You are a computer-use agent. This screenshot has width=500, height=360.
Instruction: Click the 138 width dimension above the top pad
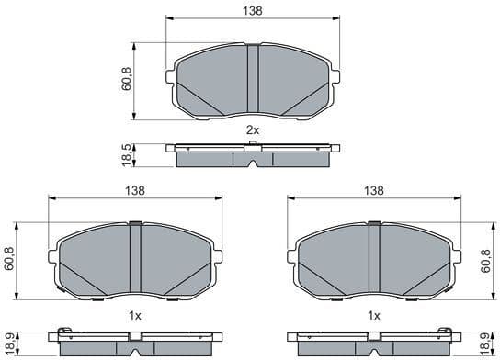click(253, 10)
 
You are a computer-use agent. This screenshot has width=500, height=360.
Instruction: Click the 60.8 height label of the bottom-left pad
click(11, 260)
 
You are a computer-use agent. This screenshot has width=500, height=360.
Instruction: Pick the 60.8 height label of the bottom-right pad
click(486, 260)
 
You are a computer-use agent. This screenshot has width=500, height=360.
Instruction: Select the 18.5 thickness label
click(126, 153)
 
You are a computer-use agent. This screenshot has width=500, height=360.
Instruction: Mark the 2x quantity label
click(253, 130)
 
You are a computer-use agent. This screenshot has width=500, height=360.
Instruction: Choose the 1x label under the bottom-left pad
click(134, 315)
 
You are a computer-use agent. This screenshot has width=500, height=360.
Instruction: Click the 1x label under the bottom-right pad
click(373, 315)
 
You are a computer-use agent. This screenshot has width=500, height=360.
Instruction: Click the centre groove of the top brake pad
click(253, 81)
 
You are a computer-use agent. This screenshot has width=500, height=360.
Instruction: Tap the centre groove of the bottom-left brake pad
click(135, 261)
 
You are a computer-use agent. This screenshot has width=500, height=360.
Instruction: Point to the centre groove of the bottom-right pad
click(373, 261)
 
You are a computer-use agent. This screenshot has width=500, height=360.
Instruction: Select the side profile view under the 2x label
click(253, 155)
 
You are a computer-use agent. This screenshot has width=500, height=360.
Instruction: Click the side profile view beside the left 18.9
click(135, 341)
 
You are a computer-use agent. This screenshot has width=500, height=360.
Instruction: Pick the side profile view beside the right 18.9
click(373, 341)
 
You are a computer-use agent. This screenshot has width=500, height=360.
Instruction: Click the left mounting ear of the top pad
click(171, 78)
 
